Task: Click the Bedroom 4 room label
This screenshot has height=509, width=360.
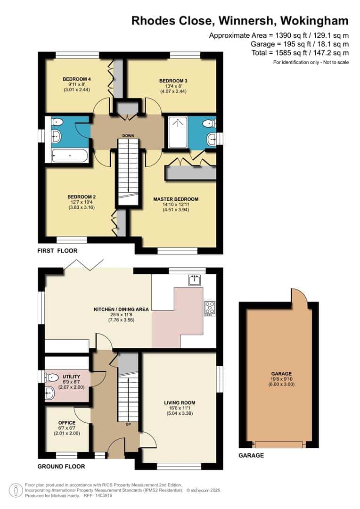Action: (x=76, y=79)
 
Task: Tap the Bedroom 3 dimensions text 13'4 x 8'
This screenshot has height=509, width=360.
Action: (x=173, y=86)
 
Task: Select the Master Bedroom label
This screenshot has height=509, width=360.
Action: (x=176, y=199)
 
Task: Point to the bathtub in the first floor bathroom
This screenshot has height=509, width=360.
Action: (x=70, y=156)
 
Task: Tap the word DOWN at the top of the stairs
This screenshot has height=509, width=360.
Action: (x=128, y=136)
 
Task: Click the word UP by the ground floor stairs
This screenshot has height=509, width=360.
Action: (x=128, y=424)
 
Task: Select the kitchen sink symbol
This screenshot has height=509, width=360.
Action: (x=194, y=280)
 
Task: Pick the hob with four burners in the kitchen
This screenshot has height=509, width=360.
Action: (x=209, y=309)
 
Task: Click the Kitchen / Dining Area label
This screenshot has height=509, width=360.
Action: (x=122, y=310)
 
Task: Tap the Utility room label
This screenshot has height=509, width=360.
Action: (x=71, y=376)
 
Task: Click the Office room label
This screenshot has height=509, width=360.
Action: (x=67, y=423)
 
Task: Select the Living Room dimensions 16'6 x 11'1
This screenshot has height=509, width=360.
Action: (x=179, y=409)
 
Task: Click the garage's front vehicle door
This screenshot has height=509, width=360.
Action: (x=278, y=444)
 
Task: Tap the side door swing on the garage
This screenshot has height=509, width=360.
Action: (x=298, y=297)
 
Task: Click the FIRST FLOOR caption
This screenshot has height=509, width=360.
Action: (x=57, y=251)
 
